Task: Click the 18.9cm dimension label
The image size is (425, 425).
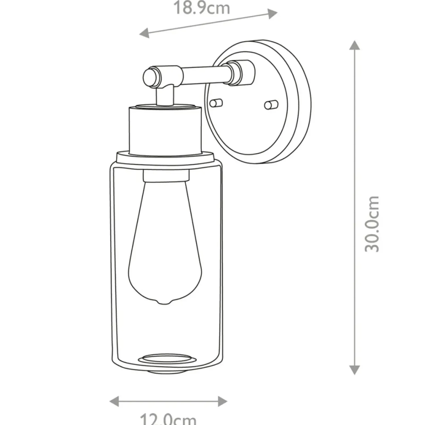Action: [x=202, y=8]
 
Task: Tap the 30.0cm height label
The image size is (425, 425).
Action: [x=372, y=224]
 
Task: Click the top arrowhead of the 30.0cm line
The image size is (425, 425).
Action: [x=354, y=45]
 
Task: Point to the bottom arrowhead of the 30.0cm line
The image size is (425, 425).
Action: [x=354, y=369]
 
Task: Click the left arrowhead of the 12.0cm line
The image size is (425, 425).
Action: [x=114, y=401]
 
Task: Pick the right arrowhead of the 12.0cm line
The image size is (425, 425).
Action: [x=222, y=401]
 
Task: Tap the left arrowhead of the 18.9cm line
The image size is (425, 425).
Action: [x=144, y=33]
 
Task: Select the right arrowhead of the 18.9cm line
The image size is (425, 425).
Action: [x=272, y=14]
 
